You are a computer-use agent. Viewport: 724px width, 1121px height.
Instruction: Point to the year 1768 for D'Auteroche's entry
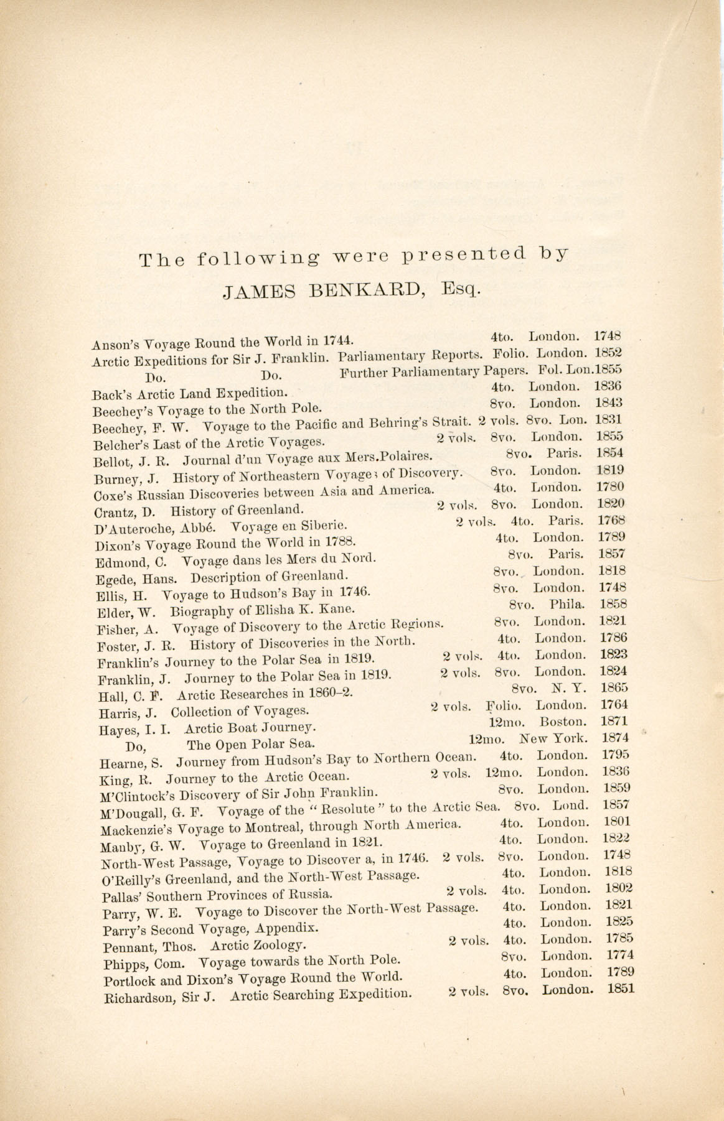pyautogui.click(x=611, y=520)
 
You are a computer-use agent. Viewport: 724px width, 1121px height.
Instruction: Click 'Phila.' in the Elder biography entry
pyautogui.click(x=568, y=604)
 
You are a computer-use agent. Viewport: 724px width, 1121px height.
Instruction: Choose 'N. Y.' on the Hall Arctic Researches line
pyautogui.click(x=565, y=688)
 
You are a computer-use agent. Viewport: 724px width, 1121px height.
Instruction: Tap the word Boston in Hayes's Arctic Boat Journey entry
pyautogui.click(x=563, y=722)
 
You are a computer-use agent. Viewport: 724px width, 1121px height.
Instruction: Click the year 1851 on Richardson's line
pyautogui.click(x=621, y=988)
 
